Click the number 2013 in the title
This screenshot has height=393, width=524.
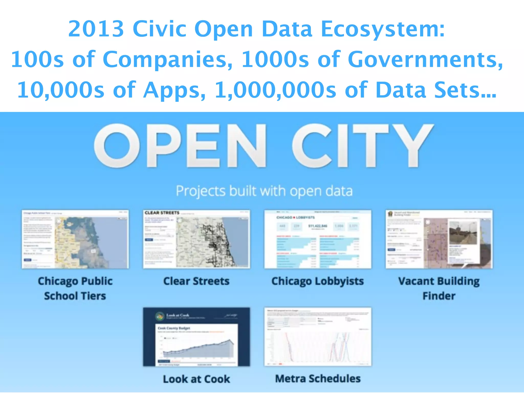pyautogui.click(x=96, y=29)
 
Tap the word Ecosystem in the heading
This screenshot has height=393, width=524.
pyautogui.click(x=383, y=29)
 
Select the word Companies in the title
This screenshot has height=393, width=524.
pyautogui.click(x=168, y=59)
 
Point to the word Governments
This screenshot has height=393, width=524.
pyautogui.click(x=425, y=59)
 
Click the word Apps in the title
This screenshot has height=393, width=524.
pyautogui.click(x=174, y=90)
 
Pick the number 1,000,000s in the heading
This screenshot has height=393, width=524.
pyautogui.click(x=275, y=90)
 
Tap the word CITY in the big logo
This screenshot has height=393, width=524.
pyautogui.click(x=363, y=146)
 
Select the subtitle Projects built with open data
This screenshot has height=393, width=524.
pyautogui.click(x=264, y=191)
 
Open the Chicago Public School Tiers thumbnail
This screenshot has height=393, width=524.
pyautogui.click(x=75, y=239)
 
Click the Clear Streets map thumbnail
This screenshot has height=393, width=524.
pyautogui.click(x=196, y=239)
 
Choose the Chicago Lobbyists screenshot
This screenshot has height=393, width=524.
pyautogui.click(x=318, y=239)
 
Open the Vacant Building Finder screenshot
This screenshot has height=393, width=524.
pyautogui.click(x=439, y=239)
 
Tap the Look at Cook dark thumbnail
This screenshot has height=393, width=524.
pyautogui.click(x=196, y=337)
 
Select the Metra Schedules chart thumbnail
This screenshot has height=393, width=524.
pyautogui.click(x=318, y=337)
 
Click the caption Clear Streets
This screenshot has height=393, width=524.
pyautogui.click(x=196, y=281)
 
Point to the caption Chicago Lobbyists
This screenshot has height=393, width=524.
pyautogui.click(x=318, y=281)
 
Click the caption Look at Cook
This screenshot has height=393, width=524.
pyautogui.click(x=196, y=379)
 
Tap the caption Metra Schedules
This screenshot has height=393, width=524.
pyautogui.click(x=318, y=379)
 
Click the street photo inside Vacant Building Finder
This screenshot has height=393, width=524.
pyautogui.click(x=463, y=233)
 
